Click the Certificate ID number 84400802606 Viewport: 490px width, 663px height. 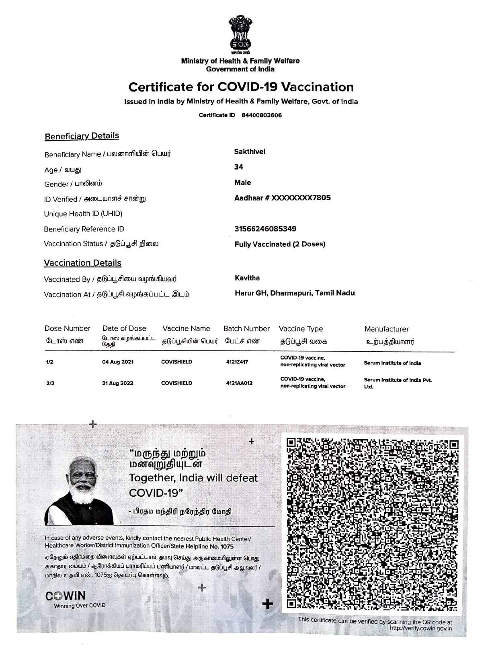pyautogui.click(x=261, y=115)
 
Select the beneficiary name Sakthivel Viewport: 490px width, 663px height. pyautogui.click(x=250, y=151)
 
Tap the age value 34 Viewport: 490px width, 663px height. pyautogui.click(x=239, y=167)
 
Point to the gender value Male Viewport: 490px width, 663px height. pyautogui.click(x=242, y=182)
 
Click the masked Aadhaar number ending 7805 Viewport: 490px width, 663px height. pyautogui.click(x=282, y=198)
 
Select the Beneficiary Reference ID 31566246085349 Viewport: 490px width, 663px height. pyautogui.click(x=265, y=229)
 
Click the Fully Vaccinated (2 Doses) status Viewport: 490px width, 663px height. pyautogui.click(x=280, y=244)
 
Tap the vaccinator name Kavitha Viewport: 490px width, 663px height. pyautogui.click(x=247, y=278)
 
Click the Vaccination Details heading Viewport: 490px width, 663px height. pyautogui.click(x=82, y=263)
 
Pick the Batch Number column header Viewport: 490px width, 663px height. pyautogui.click(x=246, y=329)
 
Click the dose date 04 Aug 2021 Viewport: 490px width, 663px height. pyautogui.click(x=118, y=362)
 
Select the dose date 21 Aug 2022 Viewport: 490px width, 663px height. pyautogui.click(x=118, y=383)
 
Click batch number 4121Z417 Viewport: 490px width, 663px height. pyautogui.click(x=237, y=362)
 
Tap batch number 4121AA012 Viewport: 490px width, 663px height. pyautogui.click(x=239, y=383)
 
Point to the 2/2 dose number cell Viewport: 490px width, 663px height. pyautogui.click(x=50, y=383)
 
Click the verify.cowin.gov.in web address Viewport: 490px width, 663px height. pyautogui.click(x=420, y=628)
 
